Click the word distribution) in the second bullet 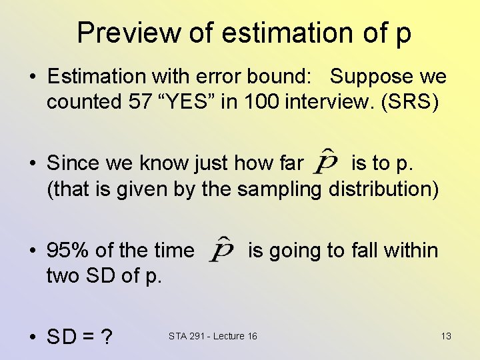[383, 189]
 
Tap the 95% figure [68, 251]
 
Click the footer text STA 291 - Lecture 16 [213, 335]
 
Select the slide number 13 [446, 335]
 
